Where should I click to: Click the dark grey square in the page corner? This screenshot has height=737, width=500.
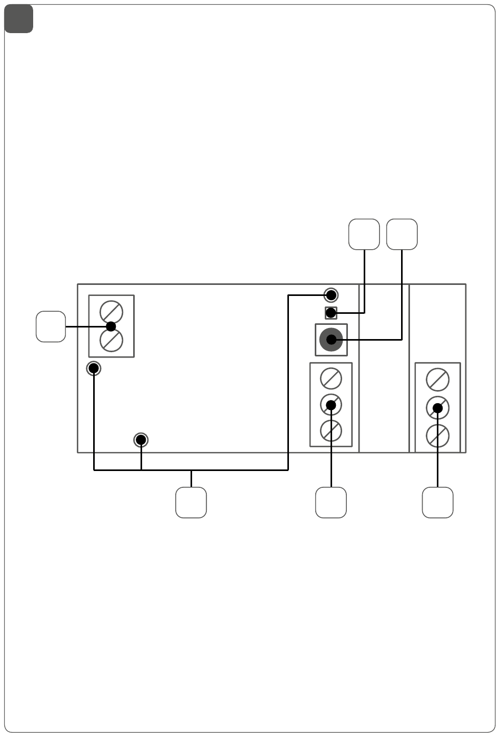point(19,19)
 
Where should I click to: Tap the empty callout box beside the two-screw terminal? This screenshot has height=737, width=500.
point(51,326)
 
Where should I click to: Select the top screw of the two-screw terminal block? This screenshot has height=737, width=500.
point(111,312)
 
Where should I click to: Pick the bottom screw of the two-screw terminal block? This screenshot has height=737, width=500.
point(111,341)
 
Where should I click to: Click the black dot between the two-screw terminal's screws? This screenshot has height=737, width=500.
point(111,326)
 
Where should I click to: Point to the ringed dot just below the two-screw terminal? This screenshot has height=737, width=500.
point(94,368)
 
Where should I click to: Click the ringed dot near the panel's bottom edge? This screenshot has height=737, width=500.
point(141,439)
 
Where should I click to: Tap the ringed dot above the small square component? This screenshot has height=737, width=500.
point(331,294)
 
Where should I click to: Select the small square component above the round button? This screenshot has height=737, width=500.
point(331,313)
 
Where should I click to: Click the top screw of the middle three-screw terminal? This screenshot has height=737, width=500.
point(331,378)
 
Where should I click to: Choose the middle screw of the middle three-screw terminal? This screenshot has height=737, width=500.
point(331,405)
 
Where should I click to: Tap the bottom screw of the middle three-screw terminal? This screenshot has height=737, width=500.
point(331,431)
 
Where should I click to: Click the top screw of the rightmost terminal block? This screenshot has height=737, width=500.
point(437,380)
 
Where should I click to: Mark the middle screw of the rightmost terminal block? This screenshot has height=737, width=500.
point(437,407)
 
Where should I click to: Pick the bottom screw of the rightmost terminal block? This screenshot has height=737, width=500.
point(437,435)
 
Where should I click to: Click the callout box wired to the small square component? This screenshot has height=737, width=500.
point(364,234)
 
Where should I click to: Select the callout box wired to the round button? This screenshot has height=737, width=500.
point(402,234)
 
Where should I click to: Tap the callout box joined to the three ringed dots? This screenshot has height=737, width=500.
point(191,503)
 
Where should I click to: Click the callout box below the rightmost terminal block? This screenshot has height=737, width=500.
point(438,503)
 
